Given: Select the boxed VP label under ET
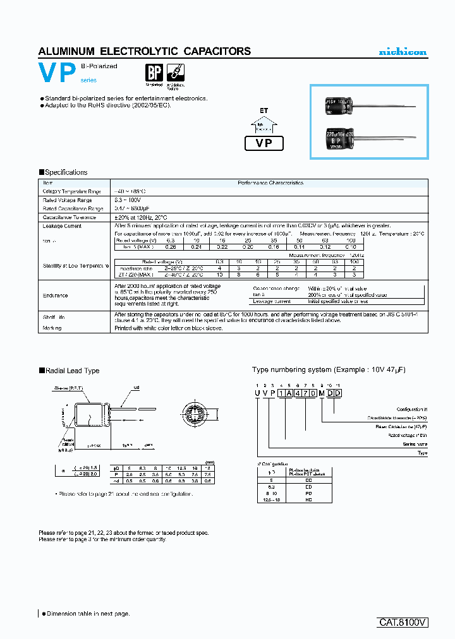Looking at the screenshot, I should (264, 143).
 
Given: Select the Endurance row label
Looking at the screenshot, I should (56, 295).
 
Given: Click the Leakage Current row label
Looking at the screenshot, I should (62, 225).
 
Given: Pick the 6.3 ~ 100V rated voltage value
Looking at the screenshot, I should (130, 200).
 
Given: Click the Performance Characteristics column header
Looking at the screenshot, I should (270, 182).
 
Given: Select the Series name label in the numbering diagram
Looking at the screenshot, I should (415, 444).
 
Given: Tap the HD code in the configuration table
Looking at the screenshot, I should (308, 499).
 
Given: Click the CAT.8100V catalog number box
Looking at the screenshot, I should (403, 622).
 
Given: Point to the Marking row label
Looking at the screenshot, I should (52, 328).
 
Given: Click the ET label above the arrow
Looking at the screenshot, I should (264, 110).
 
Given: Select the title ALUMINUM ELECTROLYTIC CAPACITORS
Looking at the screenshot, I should (145, 52).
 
